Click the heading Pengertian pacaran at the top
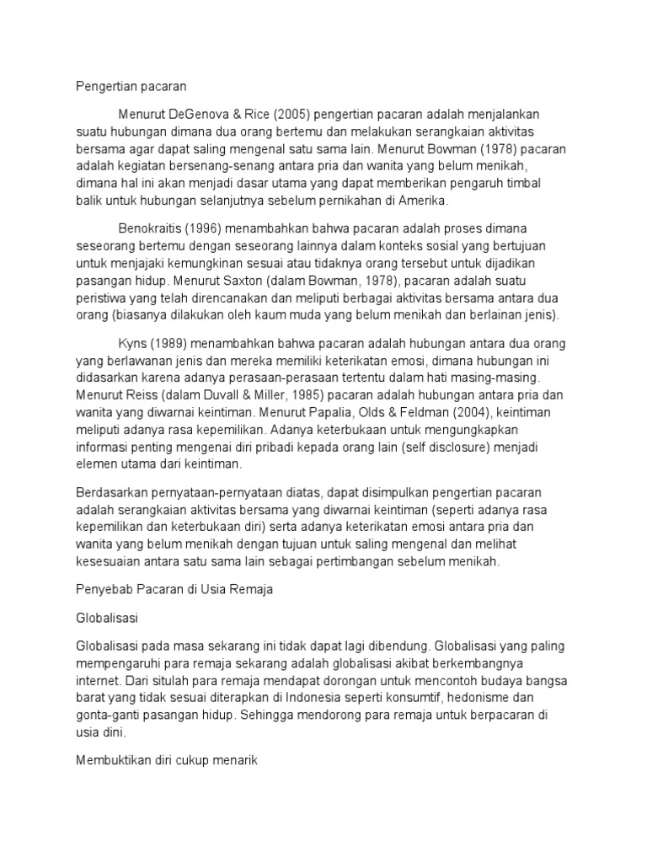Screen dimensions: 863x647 (131, 86)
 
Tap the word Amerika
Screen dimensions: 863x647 (425, 201)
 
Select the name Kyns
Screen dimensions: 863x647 (136, 344)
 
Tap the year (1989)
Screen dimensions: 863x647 (175, 344)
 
